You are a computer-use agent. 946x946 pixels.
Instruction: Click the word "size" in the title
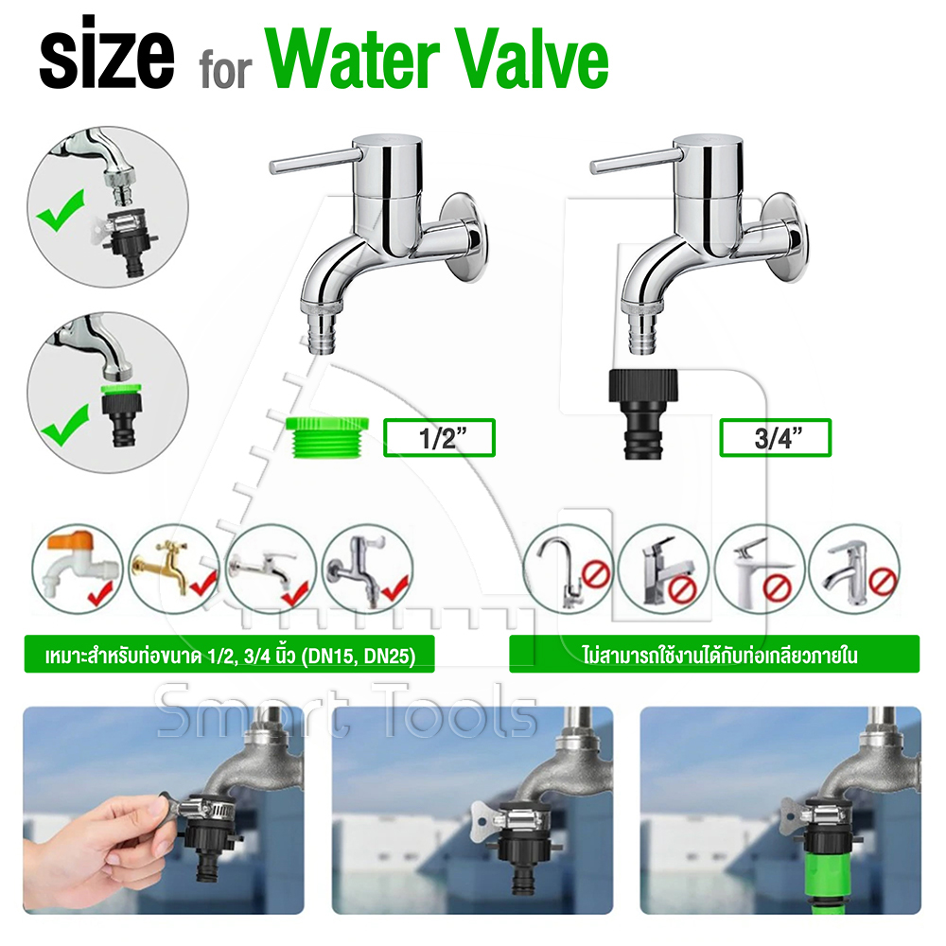107,53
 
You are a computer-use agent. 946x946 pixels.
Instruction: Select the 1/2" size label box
439,437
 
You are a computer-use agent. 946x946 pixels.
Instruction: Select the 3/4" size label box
776,437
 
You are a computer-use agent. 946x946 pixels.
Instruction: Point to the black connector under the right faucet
643,414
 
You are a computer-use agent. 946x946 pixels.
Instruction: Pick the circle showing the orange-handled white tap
78,569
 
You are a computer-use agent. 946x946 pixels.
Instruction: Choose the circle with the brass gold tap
174,569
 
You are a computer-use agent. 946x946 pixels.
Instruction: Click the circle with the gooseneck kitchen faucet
568,569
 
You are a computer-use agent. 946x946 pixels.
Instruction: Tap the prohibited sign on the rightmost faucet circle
884,582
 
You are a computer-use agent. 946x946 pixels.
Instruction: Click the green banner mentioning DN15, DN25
229,654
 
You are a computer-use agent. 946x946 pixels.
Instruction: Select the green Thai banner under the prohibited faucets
714,654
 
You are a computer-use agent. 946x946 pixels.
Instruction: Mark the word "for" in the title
224,70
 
